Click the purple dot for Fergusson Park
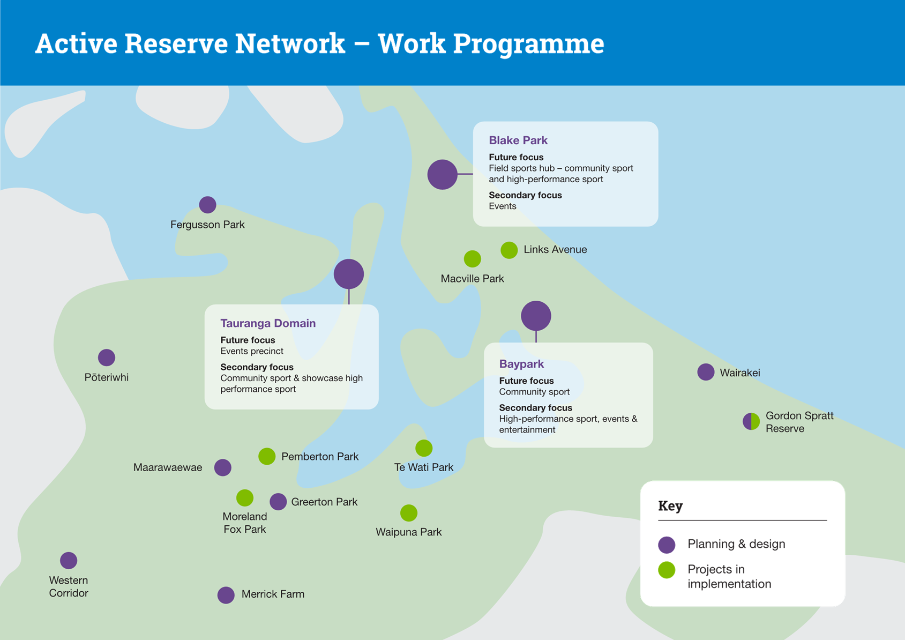click(208, 205)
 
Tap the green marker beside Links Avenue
click(509, 250)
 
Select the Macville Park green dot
click(472, 259)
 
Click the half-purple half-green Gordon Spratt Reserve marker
click(751, 421)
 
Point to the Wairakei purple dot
click(706, 372)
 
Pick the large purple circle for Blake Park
click(443, 175)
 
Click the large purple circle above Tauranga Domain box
click(349, 274)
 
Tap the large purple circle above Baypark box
click(536, 316)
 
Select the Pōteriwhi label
click(106, 377)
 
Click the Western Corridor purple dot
click(69, 561)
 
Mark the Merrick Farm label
click(273, 594)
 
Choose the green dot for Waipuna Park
click(409, 513)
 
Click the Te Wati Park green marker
click(424, 448)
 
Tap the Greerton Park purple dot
click(279, 502)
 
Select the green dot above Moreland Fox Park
click(245, 498)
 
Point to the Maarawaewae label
click(168, 467)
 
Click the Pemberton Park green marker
click(267, 456)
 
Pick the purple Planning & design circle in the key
click(667, 545)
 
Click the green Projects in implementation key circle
click(667, 570)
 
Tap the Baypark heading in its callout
click(521, 364)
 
